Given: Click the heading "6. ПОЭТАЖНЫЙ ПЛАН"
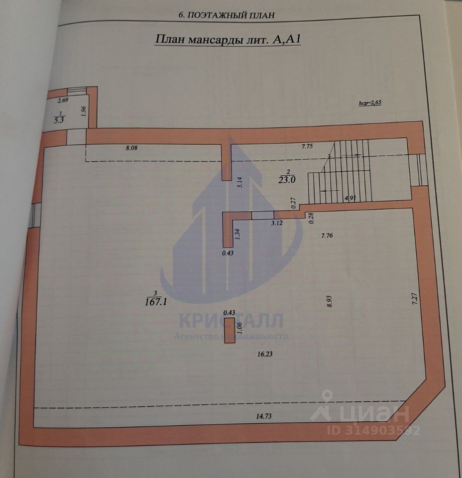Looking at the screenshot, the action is coord(226,15).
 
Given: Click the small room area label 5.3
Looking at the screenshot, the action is coord(59,119).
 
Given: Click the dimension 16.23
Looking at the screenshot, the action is coord(265,354).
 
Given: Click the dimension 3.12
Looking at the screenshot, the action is coord(276,223).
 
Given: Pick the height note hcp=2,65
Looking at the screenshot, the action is coord(369,103).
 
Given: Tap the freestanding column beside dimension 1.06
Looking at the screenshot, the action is coord(230,331).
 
